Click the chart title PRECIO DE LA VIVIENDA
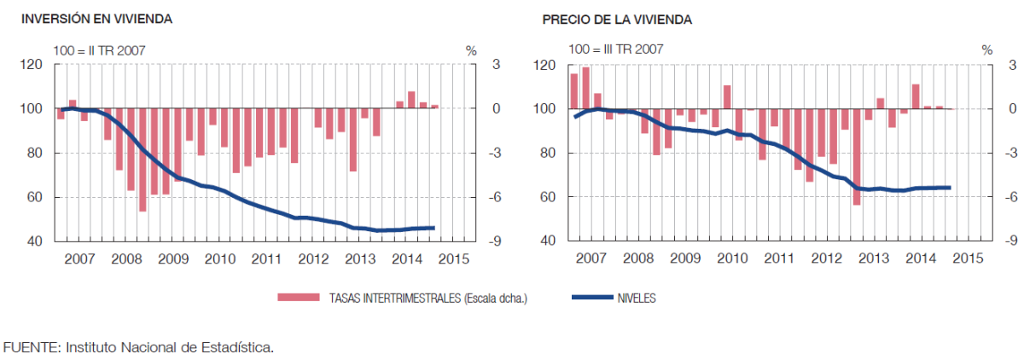click(604, 18)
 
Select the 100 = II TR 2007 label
click(99, 50)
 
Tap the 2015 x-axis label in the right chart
click(967, 258)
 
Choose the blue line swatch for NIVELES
click(590, 298)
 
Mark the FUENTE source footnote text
click(139, 347)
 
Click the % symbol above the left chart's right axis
click(471, 50)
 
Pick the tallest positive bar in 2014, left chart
click(411, 100)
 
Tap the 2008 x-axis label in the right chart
click(638, 258)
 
